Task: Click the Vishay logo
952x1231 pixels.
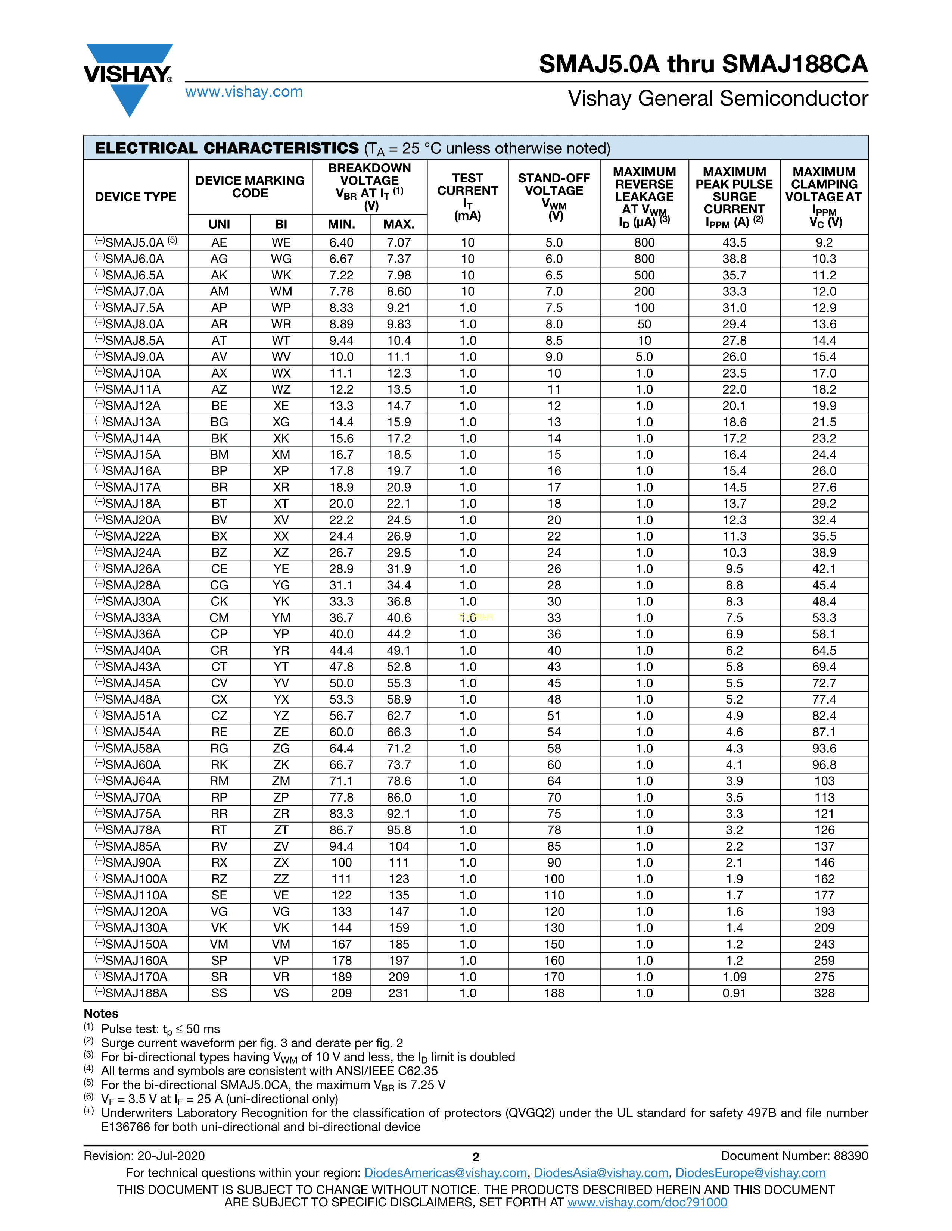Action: (128, 76)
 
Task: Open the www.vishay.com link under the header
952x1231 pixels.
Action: (244, 92)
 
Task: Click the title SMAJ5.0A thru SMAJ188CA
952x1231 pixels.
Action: (703, 64)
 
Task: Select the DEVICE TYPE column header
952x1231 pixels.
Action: (136, 197)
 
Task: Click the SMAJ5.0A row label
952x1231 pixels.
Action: (136, 243)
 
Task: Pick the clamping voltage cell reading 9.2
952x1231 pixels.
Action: (824, 243)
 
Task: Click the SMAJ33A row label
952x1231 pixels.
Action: (133, 618)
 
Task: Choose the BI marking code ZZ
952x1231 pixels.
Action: (281, 879)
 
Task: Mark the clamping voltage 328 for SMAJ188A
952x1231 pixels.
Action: (824, 993)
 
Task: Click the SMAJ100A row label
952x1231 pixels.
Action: (136, 879)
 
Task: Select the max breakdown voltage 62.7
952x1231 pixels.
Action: (399, 716)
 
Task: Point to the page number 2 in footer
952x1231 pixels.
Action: (475, 1157)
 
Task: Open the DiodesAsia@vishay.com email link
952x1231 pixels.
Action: (601, 1173)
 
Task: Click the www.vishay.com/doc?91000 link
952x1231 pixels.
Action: (647, 1202)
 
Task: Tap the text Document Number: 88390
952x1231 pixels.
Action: (794, 1156)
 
